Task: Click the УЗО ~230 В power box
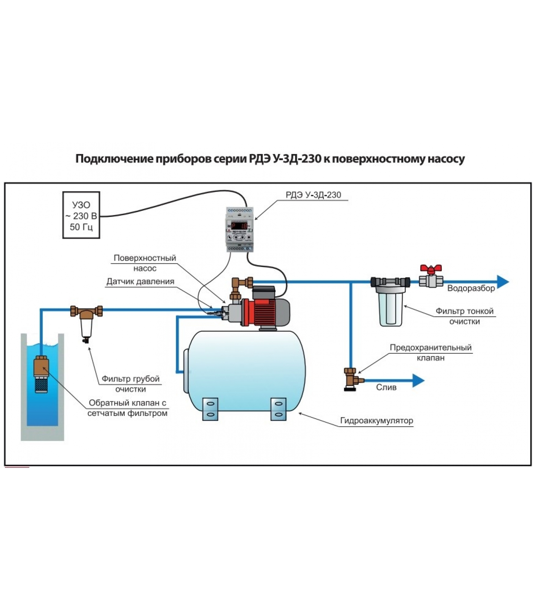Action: pos(81,215)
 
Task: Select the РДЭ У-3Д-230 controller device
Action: pos(240,230)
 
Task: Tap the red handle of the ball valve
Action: pos(431,269)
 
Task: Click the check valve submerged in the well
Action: pos(41,374)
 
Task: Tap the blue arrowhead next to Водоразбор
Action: pos(503,282)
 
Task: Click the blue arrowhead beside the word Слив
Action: pos(418,380)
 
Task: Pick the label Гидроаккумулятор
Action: pos(376,421)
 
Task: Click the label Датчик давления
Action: pos(140,281)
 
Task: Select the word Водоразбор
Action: pos(471,288)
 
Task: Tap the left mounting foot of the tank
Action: pos(210,409)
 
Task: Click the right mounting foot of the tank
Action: pos(278,409)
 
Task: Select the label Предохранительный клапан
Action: pos(430,352)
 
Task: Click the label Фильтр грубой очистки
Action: pos(130,384)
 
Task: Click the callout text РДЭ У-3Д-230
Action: pos(313,195)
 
